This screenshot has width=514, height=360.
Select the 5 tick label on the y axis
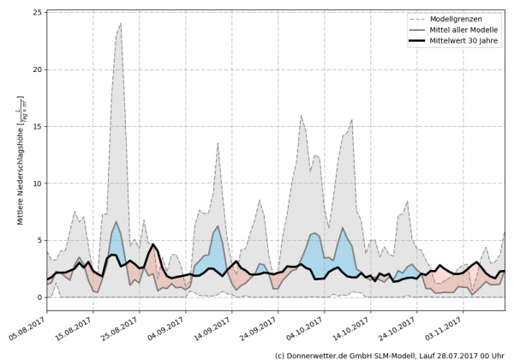click(x=39, y=241)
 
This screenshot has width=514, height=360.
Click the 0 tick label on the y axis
click(x=39, y=297)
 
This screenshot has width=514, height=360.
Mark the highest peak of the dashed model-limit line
click(x=121, y=23)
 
